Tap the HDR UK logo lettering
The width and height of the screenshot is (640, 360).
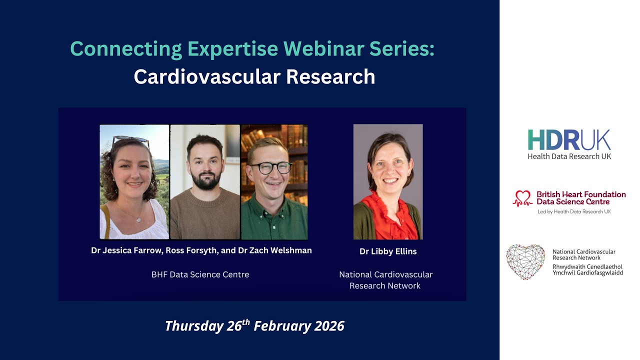[569, 140]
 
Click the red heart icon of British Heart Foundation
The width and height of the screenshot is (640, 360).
[523, 198]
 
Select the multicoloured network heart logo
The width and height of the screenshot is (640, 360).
[525, 261]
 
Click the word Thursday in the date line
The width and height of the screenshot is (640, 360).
[193, 326]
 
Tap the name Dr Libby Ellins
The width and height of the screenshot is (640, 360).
[388, 251]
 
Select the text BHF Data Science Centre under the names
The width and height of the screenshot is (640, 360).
[200, 274]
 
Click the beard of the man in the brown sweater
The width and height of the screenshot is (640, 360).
[205, 181]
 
